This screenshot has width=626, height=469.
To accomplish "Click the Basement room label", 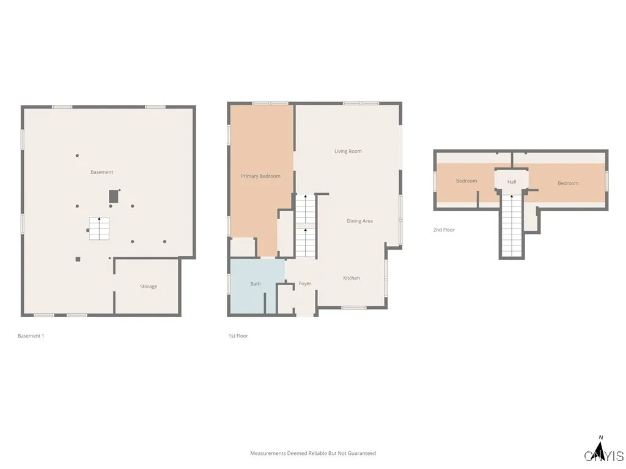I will tap(102, 172).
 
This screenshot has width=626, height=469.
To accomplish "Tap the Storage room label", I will tap(149, 286).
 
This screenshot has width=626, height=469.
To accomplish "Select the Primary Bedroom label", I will tap(260, 176).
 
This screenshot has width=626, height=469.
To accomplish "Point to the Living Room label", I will tap(348, 151).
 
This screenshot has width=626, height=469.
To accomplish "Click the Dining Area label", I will tap(359, 221).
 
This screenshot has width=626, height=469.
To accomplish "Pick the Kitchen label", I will tap(352, 278).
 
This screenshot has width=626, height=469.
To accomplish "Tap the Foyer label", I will tap(305, 283).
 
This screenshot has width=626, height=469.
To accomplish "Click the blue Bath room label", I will tap(256, 283).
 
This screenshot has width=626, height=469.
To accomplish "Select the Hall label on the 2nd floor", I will tap(512, 182).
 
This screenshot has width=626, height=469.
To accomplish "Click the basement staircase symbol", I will tap(99, 228).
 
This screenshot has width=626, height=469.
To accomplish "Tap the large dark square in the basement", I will tap(113, 196).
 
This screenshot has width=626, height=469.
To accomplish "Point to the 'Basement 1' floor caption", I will tap(31, 336).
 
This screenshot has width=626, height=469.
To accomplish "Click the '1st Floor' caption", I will tap(238, 336).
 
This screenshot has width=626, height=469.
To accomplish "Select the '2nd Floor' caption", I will tap(444, 230).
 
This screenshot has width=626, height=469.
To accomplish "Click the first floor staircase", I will tap(305, 226).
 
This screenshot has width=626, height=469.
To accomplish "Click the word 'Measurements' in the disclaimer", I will tap(268, 453).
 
